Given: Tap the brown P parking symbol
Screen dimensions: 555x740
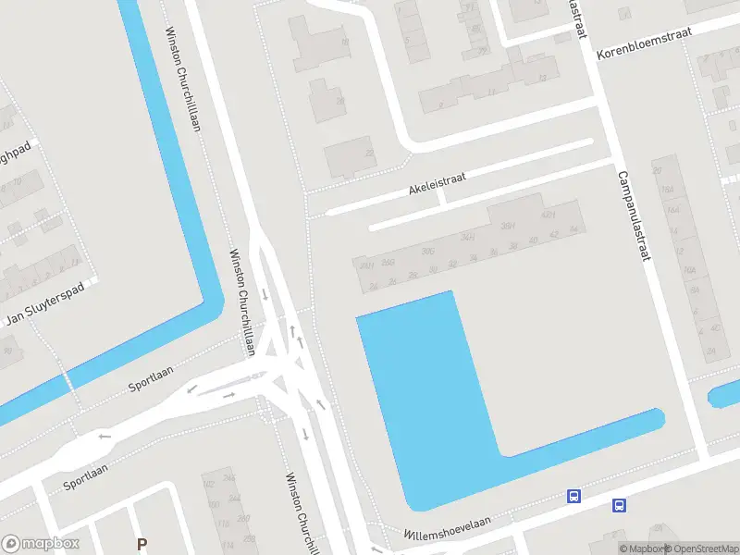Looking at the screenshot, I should pyautogui.click(x=142, y=545).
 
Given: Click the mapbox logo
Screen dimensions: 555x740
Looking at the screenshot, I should pyautogui.click(x=41, y=544).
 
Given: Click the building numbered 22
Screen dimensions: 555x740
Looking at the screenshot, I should pyautogui.click(x=370, y=154).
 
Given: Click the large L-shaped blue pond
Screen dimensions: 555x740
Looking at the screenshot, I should pyautogui.click(x=425, y=388).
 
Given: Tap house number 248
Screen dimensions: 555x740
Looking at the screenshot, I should pyautogui.click(x=229, y=477).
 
